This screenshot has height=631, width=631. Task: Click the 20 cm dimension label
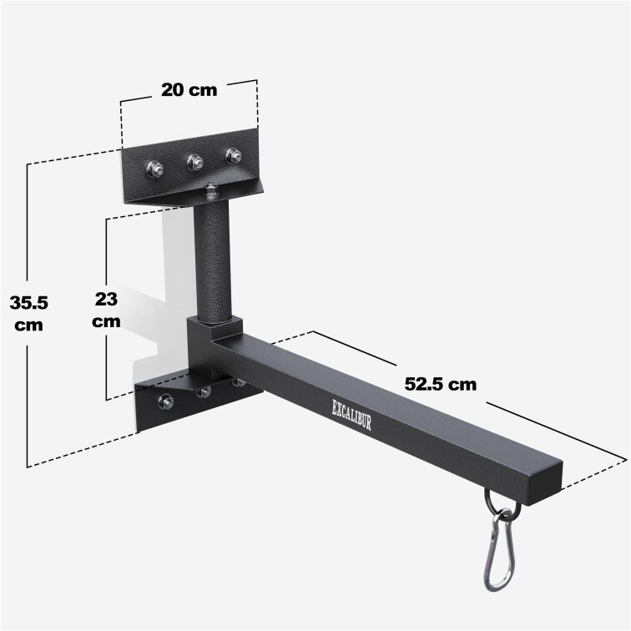189,90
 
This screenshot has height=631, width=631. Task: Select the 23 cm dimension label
106,308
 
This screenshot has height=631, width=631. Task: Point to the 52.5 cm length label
440,384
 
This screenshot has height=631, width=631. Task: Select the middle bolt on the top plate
195,162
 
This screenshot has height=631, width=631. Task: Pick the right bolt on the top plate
234,156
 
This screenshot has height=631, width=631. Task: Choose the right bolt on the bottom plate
238,382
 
